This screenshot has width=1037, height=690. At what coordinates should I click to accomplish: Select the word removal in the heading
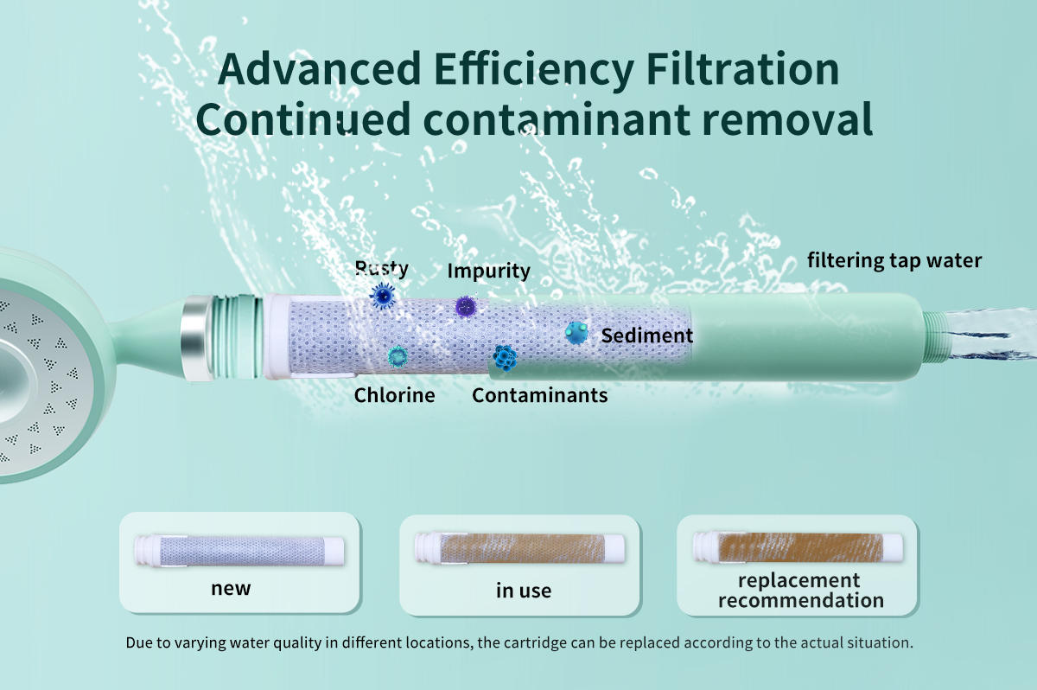click(x=787, y=118)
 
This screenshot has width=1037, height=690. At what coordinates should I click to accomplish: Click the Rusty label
click(x=381, y=268)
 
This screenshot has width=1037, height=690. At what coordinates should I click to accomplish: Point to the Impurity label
click(x=488, y=271)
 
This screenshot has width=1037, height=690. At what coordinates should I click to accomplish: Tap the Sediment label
click(x=646, y=335)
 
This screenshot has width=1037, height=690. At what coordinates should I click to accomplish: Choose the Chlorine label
click(x=394, y=395)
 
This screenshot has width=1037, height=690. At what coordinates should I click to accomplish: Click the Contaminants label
click(x=540, y=395)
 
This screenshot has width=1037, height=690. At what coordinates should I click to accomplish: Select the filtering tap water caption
click(x=894, y=261)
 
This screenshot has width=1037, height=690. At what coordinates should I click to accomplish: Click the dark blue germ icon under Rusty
click(x=383, y=296)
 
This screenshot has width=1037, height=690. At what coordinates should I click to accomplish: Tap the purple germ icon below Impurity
click(x=466, y=306)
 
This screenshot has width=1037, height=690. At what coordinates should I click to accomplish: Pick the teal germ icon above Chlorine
click(x=398, y=356)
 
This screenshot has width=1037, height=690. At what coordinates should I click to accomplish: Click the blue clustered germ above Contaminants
click(x=505, y=358)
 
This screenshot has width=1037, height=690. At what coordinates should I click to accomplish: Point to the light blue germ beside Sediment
click(x=576, y=333)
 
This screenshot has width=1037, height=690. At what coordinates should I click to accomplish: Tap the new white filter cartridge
click(x=239, y=551)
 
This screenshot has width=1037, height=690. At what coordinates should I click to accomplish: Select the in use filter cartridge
click(x=519, y=548)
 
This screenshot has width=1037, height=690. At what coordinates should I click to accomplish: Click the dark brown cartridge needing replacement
click(x=798, y=547)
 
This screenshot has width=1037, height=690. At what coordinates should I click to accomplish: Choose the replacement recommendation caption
click(x=801, y=591)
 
